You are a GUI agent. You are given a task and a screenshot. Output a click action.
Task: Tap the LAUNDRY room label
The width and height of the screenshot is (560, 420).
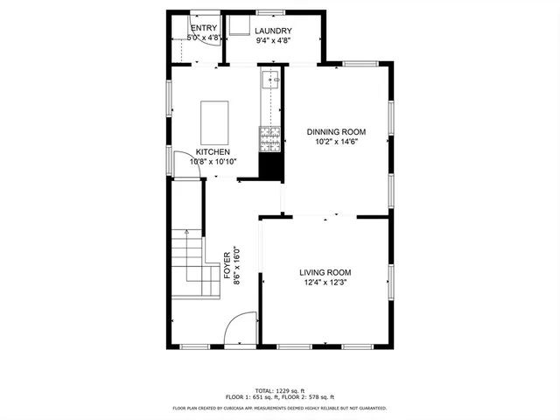(x=273, y=31)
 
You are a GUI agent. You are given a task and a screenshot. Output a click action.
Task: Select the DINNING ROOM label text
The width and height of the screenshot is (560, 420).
(x=336, y=132)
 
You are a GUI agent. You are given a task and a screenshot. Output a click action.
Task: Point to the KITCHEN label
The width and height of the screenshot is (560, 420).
(x=213, y=151)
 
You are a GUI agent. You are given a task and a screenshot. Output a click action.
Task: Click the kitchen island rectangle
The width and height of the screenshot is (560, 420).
(x=215, y=122)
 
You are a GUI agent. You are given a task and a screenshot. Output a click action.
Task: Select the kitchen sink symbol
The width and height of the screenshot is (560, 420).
(x=269, y=83)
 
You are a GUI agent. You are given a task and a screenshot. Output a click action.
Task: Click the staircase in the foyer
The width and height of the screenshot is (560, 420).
(x=192, y=262)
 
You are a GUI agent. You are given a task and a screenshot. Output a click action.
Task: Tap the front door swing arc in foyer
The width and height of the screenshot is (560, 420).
(x=237, y=330)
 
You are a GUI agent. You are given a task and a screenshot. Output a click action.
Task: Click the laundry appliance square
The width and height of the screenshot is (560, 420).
(x=240, y=24)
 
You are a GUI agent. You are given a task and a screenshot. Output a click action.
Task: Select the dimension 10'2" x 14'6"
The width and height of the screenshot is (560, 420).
(x=336, y=142)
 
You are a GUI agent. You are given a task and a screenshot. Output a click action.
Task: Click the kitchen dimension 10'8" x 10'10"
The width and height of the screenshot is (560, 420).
(x=213, y=161)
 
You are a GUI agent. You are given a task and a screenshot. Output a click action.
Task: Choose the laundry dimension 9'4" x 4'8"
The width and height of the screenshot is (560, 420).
(x=273, y=40)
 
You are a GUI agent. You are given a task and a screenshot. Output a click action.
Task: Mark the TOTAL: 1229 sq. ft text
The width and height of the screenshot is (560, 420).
(x=279, y=390)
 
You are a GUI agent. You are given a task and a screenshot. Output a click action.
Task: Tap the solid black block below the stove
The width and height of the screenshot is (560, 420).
(x=269, y=162)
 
